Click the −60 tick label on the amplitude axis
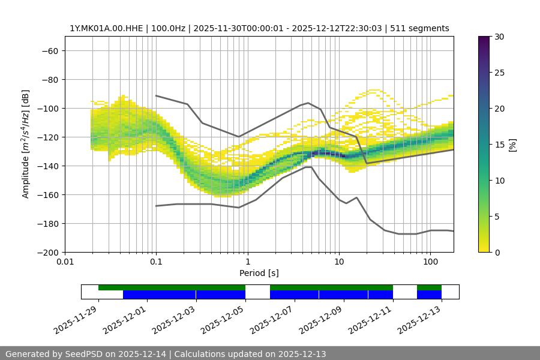point(49,50)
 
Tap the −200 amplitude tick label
point(47,252)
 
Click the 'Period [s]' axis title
point(259,273)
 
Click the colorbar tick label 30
point(498,37)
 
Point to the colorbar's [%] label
point(512,145)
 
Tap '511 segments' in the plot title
point(419,28)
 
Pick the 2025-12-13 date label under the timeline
point(420,321)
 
